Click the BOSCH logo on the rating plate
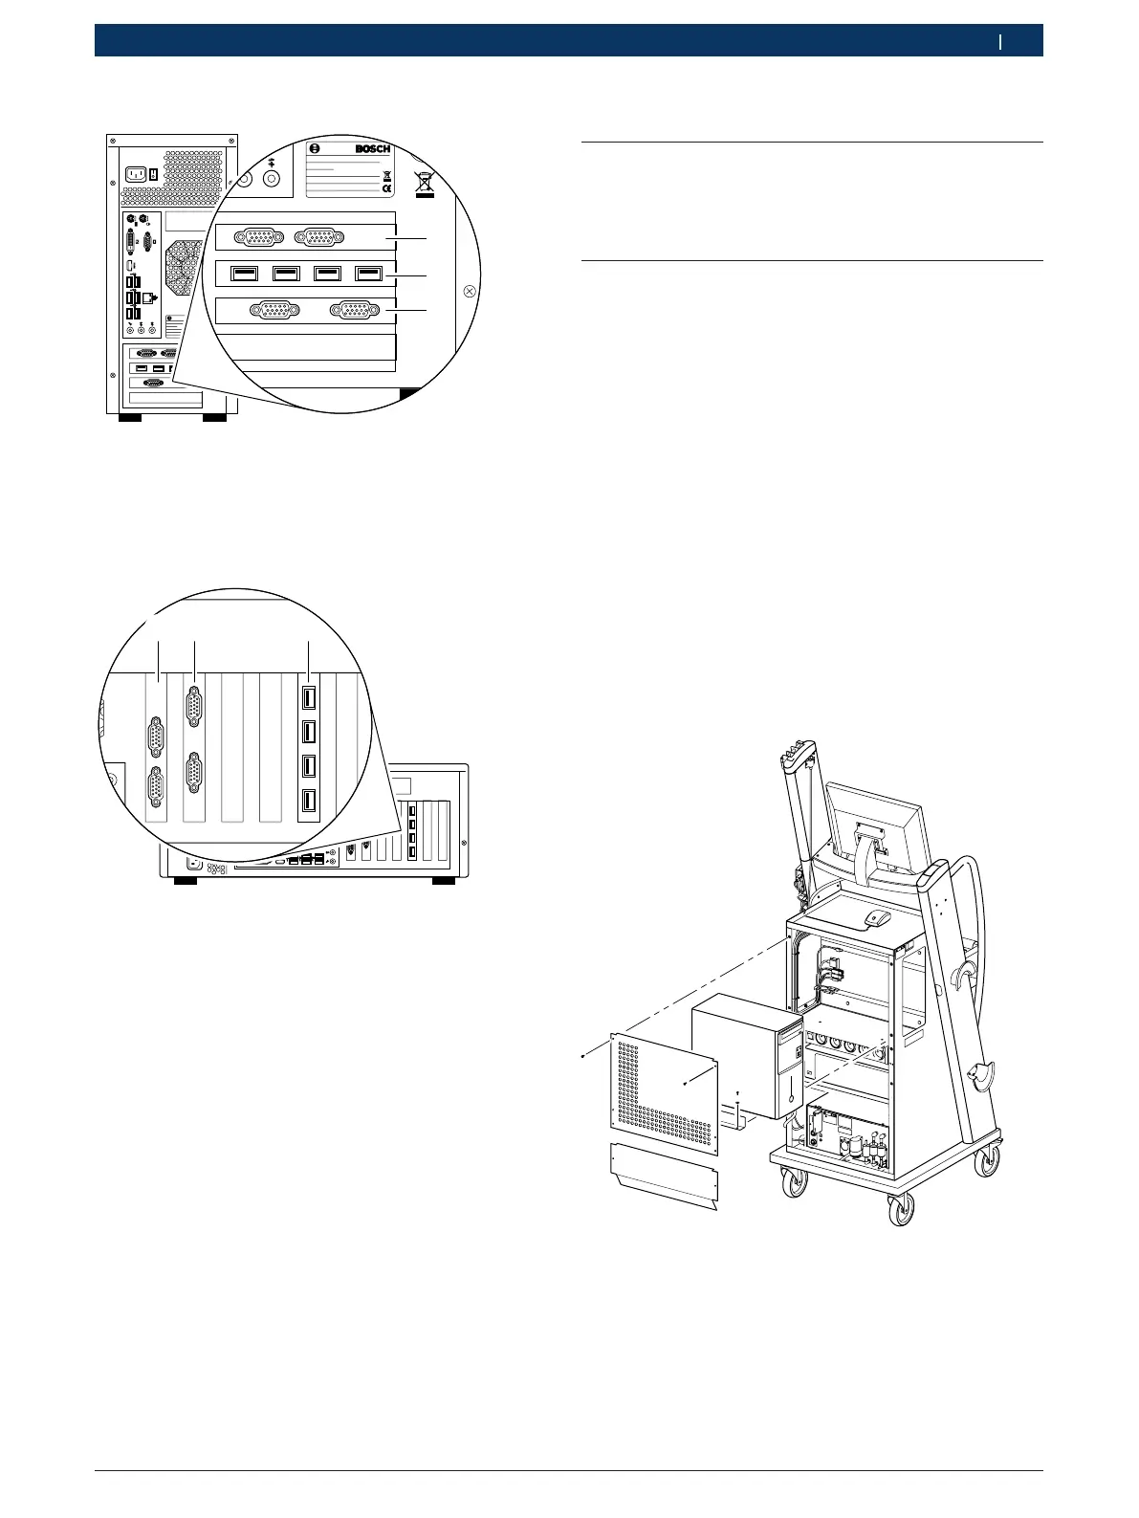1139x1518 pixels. (372, 149)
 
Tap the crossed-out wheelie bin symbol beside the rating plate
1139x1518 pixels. (425, 183)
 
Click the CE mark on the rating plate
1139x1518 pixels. (386, 189)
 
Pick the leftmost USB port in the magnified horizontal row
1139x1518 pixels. (244, 274)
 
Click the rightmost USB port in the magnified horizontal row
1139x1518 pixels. (368, 274)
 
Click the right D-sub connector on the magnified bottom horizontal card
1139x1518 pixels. (353, 310)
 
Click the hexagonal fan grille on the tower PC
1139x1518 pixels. (184, 268)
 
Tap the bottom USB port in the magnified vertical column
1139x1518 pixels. (309, 802)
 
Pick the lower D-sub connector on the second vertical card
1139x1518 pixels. (194, 773)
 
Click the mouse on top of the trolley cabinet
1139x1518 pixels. (876, 918)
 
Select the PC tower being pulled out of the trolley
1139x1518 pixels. (746, 1057)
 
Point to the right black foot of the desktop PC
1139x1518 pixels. (443, 878)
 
